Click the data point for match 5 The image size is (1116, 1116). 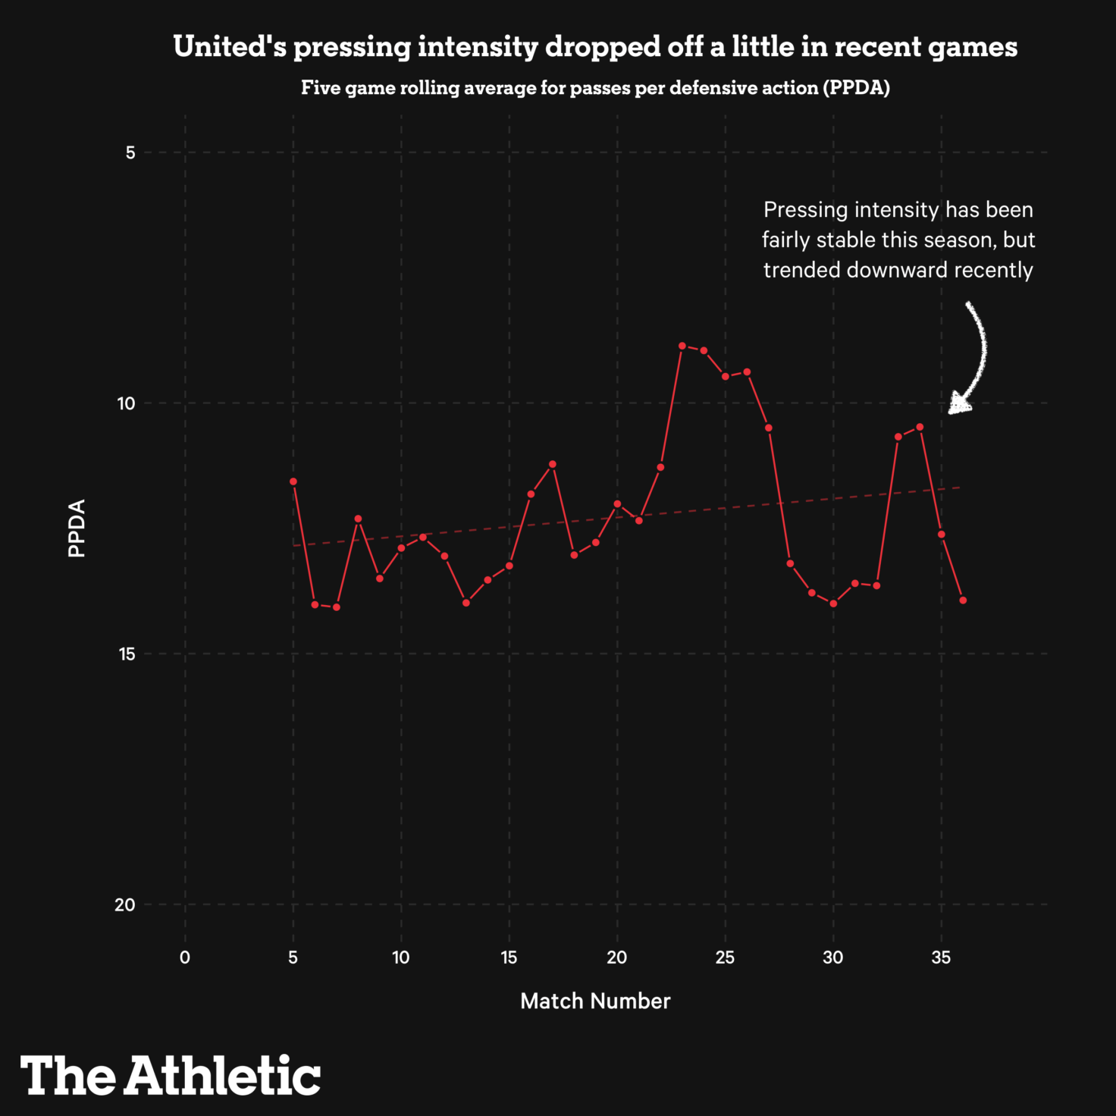point(293,481)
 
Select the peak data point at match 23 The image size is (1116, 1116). point(682,346)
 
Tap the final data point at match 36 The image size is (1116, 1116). point(963,600)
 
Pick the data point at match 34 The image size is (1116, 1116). point(920,427)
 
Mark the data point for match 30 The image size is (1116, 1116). point(833,603)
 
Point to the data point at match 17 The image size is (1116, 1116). point(553,464)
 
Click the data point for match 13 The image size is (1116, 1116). point(466,603)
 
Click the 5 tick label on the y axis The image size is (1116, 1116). point(130,152)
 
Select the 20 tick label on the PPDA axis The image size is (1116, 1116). point(125,904)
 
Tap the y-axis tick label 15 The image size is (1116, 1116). point(126,654)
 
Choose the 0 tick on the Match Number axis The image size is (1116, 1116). point(185,958)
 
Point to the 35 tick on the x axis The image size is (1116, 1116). point(941,958)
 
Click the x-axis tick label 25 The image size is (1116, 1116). point(725,958)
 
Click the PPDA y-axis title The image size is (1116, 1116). point(77,528)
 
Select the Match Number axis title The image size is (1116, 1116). point(595,1002)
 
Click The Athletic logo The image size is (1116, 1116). point(171,1075)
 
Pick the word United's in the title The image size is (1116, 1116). point(230,47)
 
